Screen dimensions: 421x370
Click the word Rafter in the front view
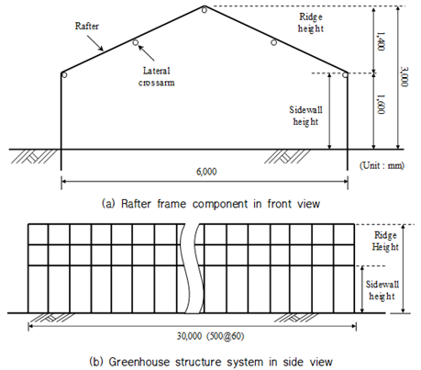point(87,26)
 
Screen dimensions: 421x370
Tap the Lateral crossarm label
point(156,76)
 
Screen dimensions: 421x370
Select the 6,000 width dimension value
point(206,172)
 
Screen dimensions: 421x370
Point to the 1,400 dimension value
point(381,41)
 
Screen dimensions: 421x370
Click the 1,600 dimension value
point(381,104)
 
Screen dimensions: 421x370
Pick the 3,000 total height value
point(404,77)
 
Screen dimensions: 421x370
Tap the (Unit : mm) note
point(382,165)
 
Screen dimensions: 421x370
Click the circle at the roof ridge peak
point(205,10)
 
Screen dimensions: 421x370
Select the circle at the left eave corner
point(64,74)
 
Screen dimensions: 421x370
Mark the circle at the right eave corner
point(345,74)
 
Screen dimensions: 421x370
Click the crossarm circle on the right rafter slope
point(274,42)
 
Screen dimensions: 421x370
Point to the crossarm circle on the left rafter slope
point(136,42)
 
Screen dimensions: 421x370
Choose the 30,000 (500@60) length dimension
point(210,336)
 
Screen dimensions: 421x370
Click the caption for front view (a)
point(211,204)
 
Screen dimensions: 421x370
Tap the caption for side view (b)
point(211,362)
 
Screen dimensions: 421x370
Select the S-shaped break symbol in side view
point(192,269)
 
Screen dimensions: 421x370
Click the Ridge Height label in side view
point(385,241)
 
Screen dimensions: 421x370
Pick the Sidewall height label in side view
point(382,290)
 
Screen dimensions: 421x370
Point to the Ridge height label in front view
point(311,23)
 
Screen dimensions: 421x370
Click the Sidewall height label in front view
point(305,116)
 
